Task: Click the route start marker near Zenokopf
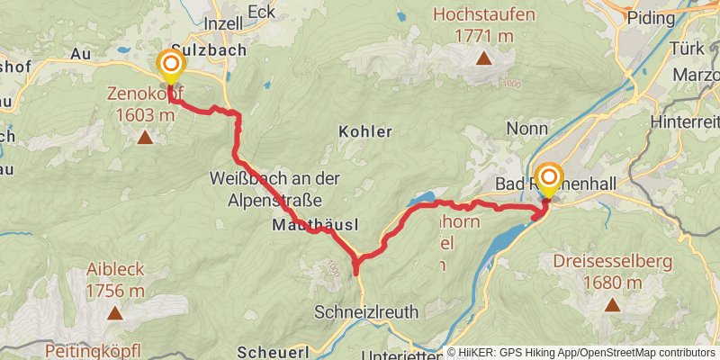click(x=170, y=65)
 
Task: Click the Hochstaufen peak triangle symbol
click(x=483, y=59)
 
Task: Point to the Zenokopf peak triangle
click(x=144, y=138)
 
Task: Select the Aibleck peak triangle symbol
click(x=114, y=313)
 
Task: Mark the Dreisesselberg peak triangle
click(x=612, y=304)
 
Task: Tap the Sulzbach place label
click(x=209, y=50)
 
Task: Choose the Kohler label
click(x=365, y=131)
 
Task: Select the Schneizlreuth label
click(x=366, y=311)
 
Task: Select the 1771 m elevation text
click(x=484, y=36)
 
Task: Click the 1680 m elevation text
click(x=612, y=283)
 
